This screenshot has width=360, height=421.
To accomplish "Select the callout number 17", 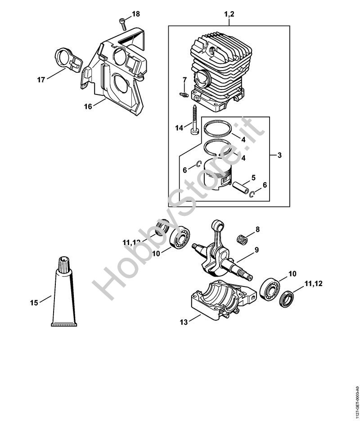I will [x=41, y=80].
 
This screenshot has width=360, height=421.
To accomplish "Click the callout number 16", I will [x=88, y=106].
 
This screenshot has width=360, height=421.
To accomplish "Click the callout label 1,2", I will [x=229, y=15].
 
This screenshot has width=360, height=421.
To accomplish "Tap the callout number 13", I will [x=183, y=322].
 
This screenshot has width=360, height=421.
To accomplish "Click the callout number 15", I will [x=34, y=303].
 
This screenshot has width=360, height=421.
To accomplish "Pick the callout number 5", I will [x=253, y=177].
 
